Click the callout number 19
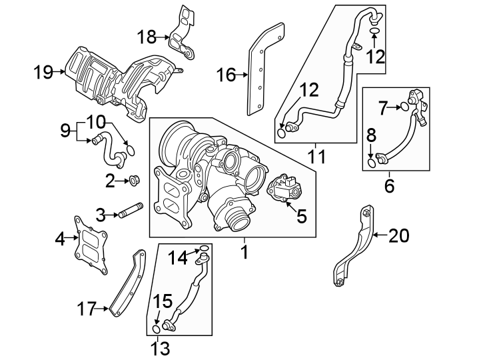(43, 71)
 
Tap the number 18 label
(147, 35)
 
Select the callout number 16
(227, 75)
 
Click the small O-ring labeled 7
(404, 107)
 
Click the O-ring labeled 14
(205, 251)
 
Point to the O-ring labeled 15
(156, 328)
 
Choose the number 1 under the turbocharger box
(244, 252)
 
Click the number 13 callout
(160, 347)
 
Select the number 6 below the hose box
(388, 185)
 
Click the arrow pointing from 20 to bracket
(379, 235)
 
